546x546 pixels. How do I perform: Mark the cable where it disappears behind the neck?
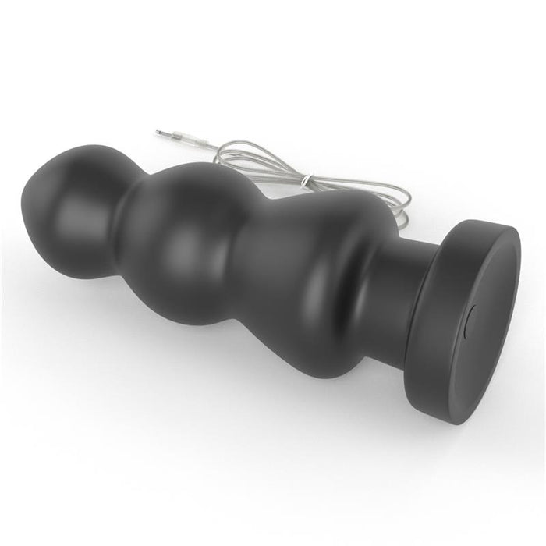(398, 231)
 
